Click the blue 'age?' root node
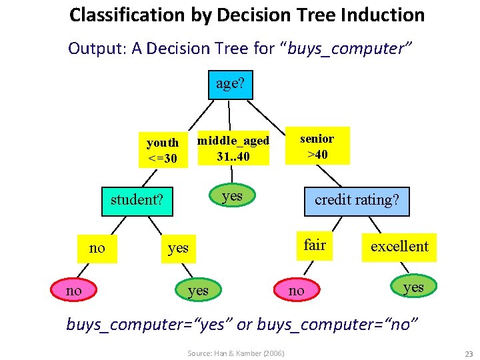(x=230, y=84)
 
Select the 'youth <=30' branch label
(x=163, y=151)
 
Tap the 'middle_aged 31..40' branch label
(x=233, y=149)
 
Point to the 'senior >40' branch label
(x=317, y=147)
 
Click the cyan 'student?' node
(x=137, y=200)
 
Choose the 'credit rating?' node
(x=357, y=200)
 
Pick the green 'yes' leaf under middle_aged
(x=232, y=195)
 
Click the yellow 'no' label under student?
(x=97, y=248)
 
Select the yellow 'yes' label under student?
(x=178, y=248)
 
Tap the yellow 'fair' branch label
(x=315, y=245)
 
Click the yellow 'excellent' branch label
(x=399, y=247)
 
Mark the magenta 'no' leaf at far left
(x=74, y=291)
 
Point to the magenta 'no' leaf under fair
(x=296, y=290)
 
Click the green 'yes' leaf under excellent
(x=413, y=287)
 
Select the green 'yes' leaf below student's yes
(x=198, y=290)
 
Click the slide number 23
(x=468, y=353)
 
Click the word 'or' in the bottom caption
(x=244, y=324)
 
